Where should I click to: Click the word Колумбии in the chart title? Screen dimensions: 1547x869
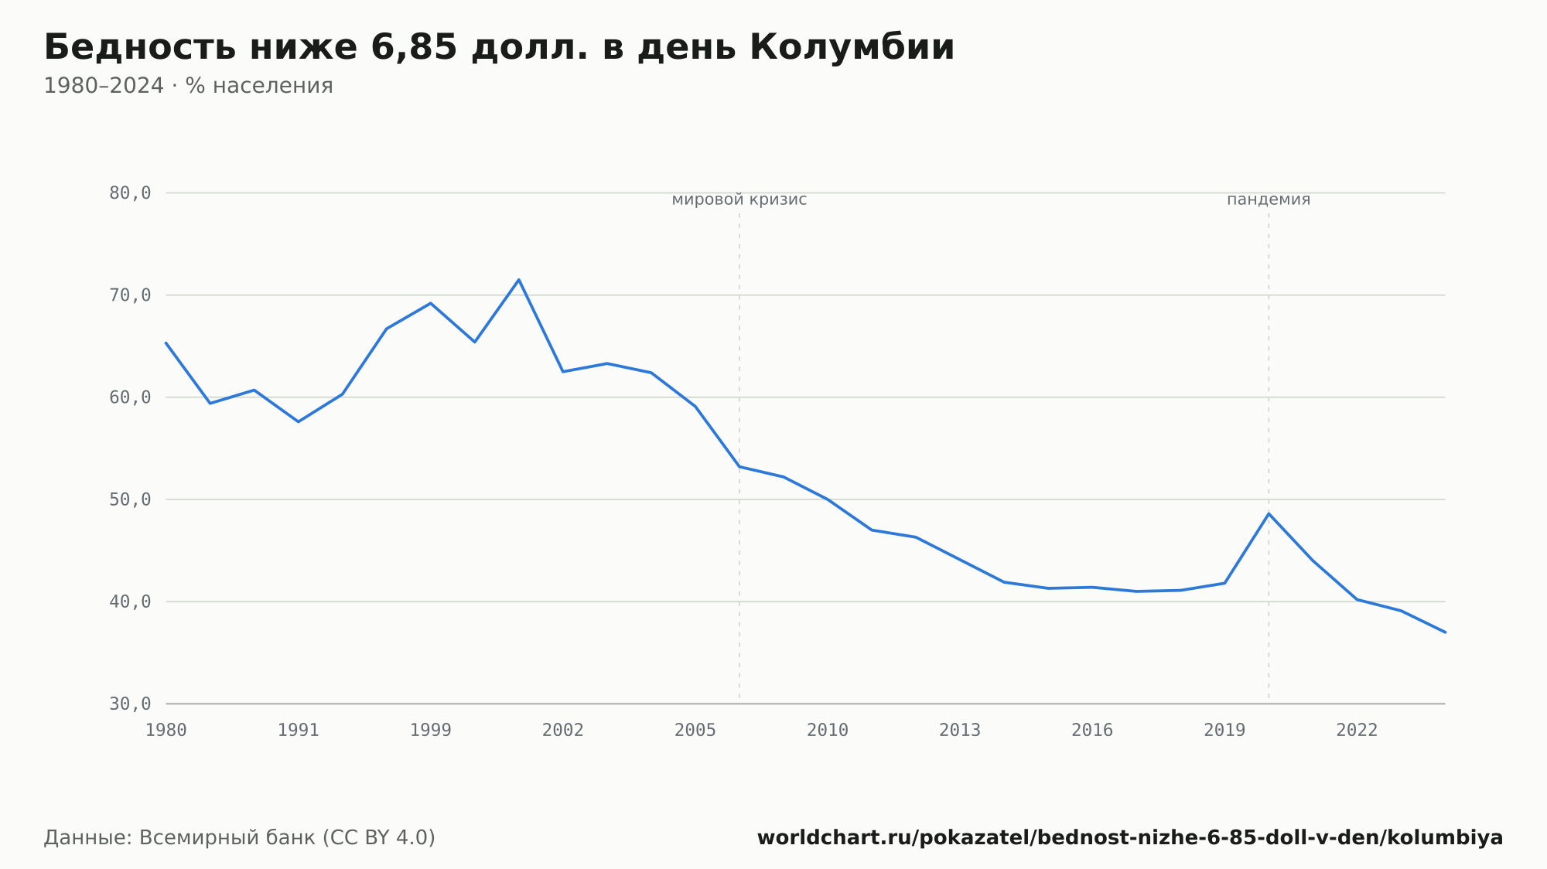852,47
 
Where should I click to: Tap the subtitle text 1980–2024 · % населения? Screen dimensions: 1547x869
188,86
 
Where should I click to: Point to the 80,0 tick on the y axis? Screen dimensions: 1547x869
130,193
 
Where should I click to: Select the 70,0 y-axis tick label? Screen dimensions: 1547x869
130,295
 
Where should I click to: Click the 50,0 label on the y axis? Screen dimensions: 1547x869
130,499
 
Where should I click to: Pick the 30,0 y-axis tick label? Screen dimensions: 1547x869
130,704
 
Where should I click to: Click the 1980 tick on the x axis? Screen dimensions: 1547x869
166,731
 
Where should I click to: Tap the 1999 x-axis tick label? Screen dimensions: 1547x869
431,731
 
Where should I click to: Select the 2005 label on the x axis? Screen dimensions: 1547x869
695,731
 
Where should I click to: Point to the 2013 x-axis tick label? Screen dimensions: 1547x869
960,731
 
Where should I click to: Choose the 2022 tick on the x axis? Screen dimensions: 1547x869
1357,731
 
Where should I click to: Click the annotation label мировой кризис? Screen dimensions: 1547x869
739,200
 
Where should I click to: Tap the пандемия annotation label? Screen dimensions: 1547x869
1269,200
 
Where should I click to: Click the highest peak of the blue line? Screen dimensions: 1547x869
518,280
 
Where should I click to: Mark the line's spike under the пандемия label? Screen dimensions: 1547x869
1269,513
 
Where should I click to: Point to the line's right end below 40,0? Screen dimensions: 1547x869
1445,632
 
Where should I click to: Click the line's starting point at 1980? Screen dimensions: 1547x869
166,342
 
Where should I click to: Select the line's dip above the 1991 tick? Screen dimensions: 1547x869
299,421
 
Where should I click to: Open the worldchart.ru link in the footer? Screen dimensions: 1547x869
1130,838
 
